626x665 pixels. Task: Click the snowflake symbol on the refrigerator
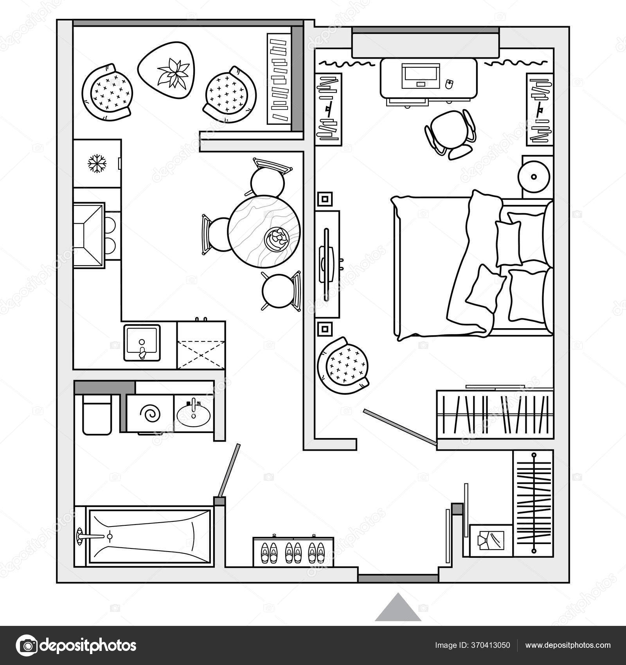[97, 164]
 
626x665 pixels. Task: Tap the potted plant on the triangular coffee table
[171, 73]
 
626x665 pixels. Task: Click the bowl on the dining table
[277, 238]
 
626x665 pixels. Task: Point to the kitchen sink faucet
[142, 347]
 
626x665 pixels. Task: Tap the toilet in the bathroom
[96, 415]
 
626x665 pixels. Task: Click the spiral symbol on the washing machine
[151, 413]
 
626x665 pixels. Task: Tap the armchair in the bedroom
[344, 367]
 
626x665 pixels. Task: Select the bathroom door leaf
[229, 470]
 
